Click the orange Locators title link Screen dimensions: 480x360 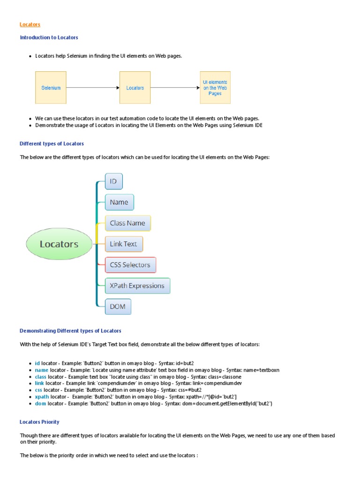point(30,24)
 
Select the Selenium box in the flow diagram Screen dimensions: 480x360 point(51,88)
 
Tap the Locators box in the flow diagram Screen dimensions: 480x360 point(135,88)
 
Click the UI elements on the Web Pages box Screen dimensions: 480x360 point(215,88)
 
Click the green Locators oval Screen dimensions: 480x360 point(59,244)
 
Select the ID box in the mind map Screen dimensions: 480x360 point(113,181)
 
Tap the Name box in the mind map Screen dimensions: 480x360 point(119,202)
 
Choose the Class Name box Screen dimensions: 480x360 point(127,223)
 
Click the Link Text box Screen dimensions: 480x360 point(124,244)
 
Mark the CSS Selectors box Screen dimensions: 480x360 point(130,265)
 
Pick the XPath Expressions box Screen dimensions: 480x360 point(137,285)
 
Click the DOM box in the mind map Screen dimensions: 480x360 point(118,307)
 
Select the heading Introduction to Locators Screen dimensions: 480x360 point(49,37)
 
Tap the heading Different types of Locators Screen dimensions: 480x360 point(52,143)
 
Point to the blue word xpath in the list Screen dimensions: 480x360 point(42,397)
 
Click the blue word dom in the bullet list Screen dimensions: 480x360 point(41,403)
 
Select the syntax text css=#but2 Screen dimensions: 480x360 point(189,390)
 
